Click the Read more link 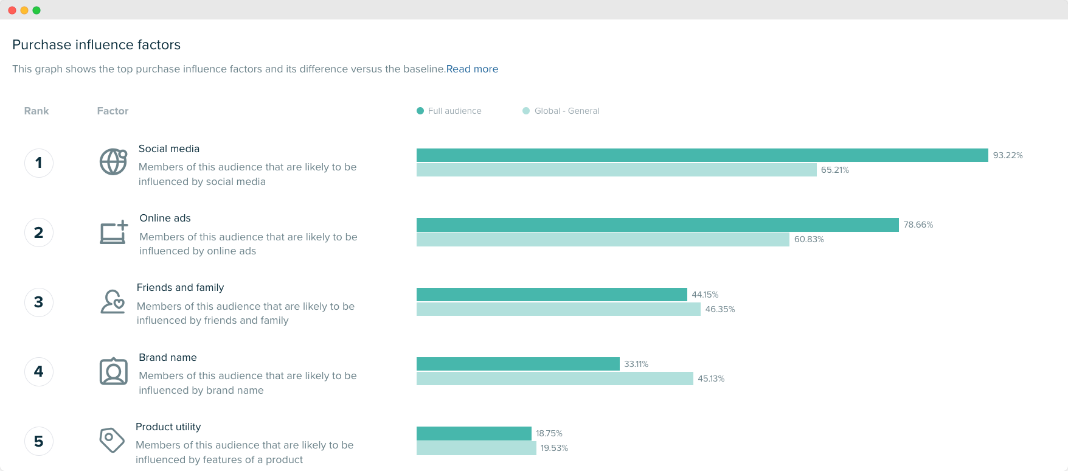point(472,69)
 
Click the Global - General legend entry point(561,111)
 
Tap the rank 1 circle point(39,163)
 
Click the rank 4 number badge point(39,372)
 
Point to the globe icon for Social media point(113,162)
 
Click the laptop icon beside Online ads point(114,232)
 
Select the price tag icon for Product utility point(112,440)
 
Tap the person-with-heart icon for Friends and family point(113,302)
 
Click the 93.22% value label point(1008,156)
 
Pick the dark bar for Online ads point(657,225)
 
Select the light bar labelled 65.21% point(616,170)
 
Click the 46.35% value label point(720,310)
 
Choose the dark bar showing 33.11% point(518,364)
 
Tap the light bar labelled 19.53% point(476,448)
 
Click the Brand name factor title point(168,358)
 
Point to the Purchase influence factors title point(96,45)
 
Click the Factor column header point(113,111)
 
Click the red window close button point(12,10)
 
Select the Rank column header point(36,111)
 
